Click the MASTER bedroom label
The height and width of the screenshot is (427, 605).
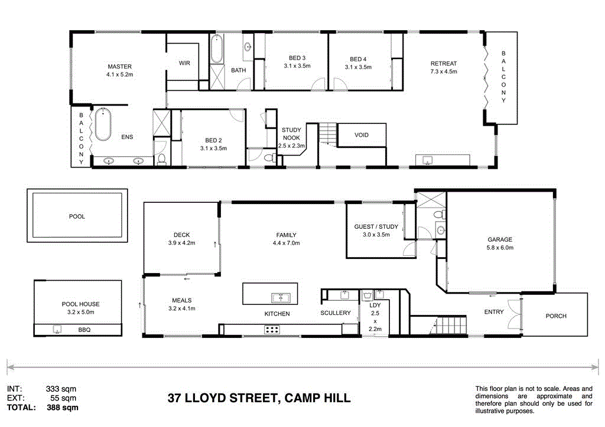coord(119,67)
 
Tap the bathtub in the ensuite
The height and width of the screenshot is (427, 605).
coord(103,124)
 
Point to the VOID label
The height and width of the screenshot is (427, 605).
coord(362,135)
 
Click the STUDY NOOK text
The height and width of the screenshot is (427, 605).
coord(291,134)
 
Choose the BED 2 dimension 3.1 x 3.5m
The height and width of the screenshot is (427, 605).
coord(213,149)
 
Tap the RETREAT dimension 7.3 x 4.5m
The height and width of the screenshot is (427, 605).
coord(443,72)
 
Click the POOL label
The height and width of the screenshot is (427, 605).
coord(77,216)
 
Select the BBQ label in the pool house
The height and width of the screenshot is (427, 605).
coord(84,330)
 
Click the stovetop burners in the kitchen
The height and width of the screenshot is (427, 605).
coord(272,330)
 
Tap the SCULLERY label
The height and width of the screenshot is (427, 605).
coord(336,313)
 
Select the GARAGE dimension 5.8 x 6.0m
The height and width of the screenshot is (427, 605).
coord(500,248)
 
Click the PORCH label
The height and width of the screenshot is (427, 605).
coord(556,316)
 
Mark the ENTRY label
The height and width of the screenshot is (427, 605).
coord(494,312)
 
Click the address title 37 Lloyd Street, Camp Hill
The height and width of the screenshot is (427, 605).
coord(258,398)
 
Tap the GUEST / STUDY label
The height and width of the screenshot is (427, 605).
coord(376,226)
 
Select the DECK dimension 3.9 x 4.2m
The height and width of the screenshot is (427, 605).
coord(181,243)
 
